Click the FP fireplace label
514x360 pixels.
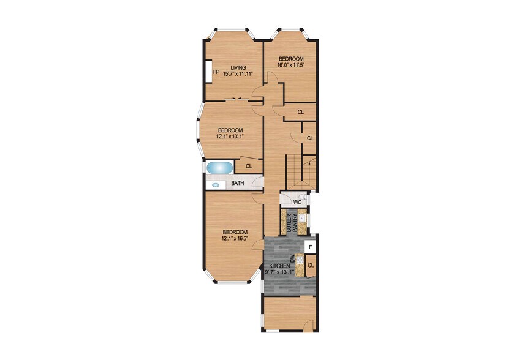coord(216,72)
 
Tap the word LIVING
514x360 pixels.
coord(238,67)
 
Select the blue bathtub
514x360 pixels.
coord(219,167)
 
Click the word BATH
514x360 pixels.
coord(238,183)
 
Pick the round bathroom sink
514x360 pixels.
coord(216,184)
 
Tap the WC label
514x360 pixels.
coord(297,201)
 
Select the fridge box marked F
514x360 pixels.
coord(311,247)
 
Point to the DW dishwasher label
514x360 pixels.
coord(292,260)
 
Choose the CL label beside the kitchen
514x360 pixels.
coord(311,265)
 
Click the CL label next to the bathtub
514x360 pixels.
coord(249,166)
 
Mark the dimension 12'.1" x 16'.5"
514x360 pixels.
coord(235,239)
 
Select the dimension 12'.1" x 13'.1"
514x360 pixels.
coord(230,137)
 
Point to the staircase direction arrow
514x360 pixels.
coord(309,163)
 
